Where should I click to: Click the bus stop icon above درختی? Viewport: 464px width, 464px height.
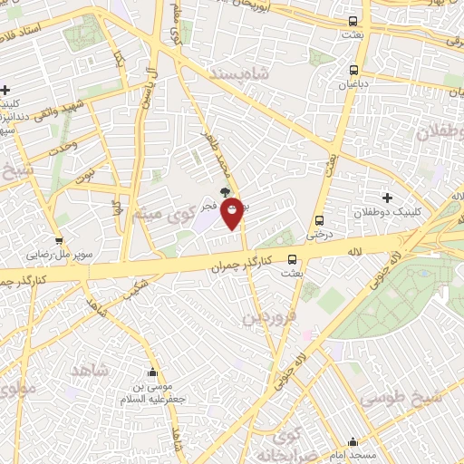(x=319, y=220)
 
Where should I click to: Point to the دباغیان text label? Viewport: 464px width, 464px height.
(x=351, y=83)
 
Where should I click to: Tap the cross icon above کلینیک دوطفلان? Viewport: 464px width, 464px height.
(x=388, y=198)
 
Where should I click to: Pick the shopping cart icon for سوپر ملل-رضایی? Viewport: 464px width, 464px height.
(x=59, y=241)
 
